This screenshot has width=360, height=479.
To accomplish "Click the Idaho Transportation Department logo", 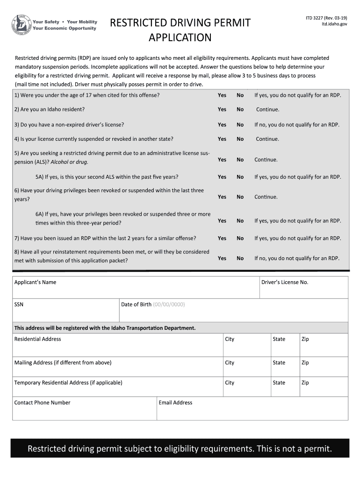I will pos(22,25).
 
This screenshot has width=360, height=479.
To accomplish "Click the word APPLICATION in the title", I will pos(180,37).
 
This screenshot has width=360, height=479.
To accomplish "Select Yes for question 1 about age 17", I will pos(222,95).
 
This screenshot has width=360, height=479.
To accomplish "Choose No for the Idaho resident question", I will pos(240,109).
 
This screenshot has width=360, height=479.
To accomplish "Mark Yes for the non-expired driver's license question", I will pos(222,125).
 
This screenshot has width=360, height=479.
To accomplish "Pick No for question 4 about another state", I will pos(240,139).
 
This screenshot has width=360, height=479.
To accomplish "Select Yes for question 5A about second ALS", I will pos(222,177).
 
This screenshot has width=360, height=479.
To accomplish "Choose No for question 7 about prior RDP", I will pos(240,238).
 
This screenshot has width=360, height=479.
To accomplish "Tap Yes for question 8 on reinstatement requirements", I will pos(222,258).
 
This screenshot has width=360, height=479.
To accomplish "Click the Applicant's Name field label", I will pos(35,283).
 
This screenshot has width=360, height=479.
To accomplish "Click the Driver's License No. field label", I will pos(285,283).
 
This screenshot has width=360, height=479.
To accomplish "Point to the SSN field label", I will pos(19,305).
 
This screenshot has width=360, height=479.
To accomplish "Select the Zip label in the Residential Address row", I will pos(305,339).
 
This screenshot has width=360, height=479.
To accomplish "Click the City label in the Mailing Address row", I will pos(230,363).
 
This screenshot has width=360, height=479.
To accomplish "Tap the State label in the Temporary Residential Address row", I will pos(279,383).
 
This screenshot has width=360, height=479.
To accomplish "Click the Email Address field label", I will pos(175,403).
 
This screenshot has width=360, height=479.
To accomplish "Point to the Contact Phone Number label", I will pos(42,403).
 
